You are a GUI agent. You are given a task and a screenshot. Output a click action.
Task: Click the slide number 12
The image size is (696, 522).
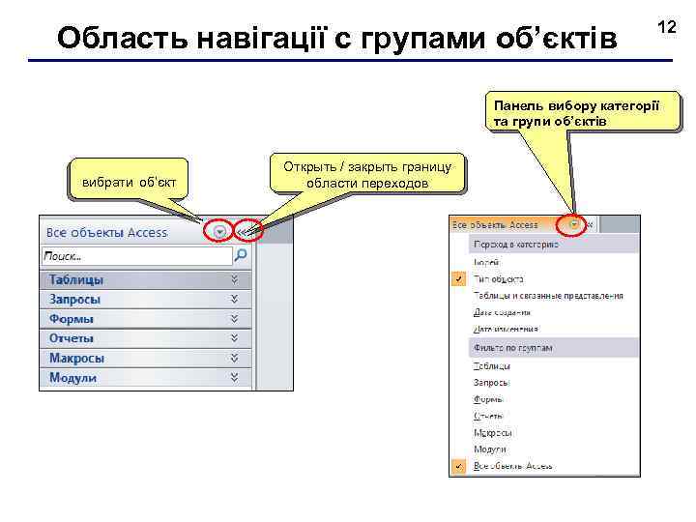668,29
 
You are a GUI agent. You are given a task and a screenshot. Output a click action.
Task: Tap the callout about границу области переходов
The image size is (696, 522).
366,175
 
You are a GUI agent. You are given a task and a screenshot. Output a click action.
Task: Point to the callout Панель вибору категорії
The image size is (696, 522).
576,113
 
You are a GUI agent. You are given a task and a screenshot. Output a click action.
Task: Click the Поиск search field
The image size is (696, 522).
136,256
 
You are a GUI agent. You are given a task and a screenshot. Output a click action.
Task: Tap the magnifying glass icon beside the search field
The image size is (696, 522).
242,256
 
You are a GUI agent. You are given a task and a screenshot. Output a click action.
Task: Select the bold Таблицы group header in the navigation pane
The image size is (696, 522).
76,279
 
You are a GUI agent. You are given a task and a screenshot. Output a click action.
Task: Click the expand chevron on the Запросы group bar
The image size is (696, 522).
234,299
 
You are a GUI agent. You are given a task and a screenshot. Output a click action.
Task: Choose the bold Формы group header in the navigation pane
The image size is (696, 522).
72,319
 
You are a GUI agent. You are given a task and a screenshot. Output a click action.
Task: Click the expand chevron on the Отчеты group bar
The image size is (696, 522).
234,338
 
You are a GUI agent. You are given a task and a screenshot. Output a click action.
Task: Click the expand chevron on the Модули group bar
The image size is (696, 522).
234,377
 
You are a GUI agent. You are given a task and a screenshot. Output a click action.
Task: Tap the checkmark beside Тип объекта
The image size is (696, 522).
458,278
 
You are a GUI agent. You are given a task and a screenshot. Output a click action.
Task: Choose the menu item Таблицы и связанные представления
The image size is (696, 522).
547,296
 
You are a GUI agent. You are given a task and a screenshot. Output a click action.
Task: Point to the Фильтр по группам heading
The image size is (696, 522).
511,346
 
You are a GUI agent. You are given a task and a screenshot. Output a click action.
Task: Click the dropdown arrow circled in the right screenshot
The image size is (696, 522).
575,225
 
